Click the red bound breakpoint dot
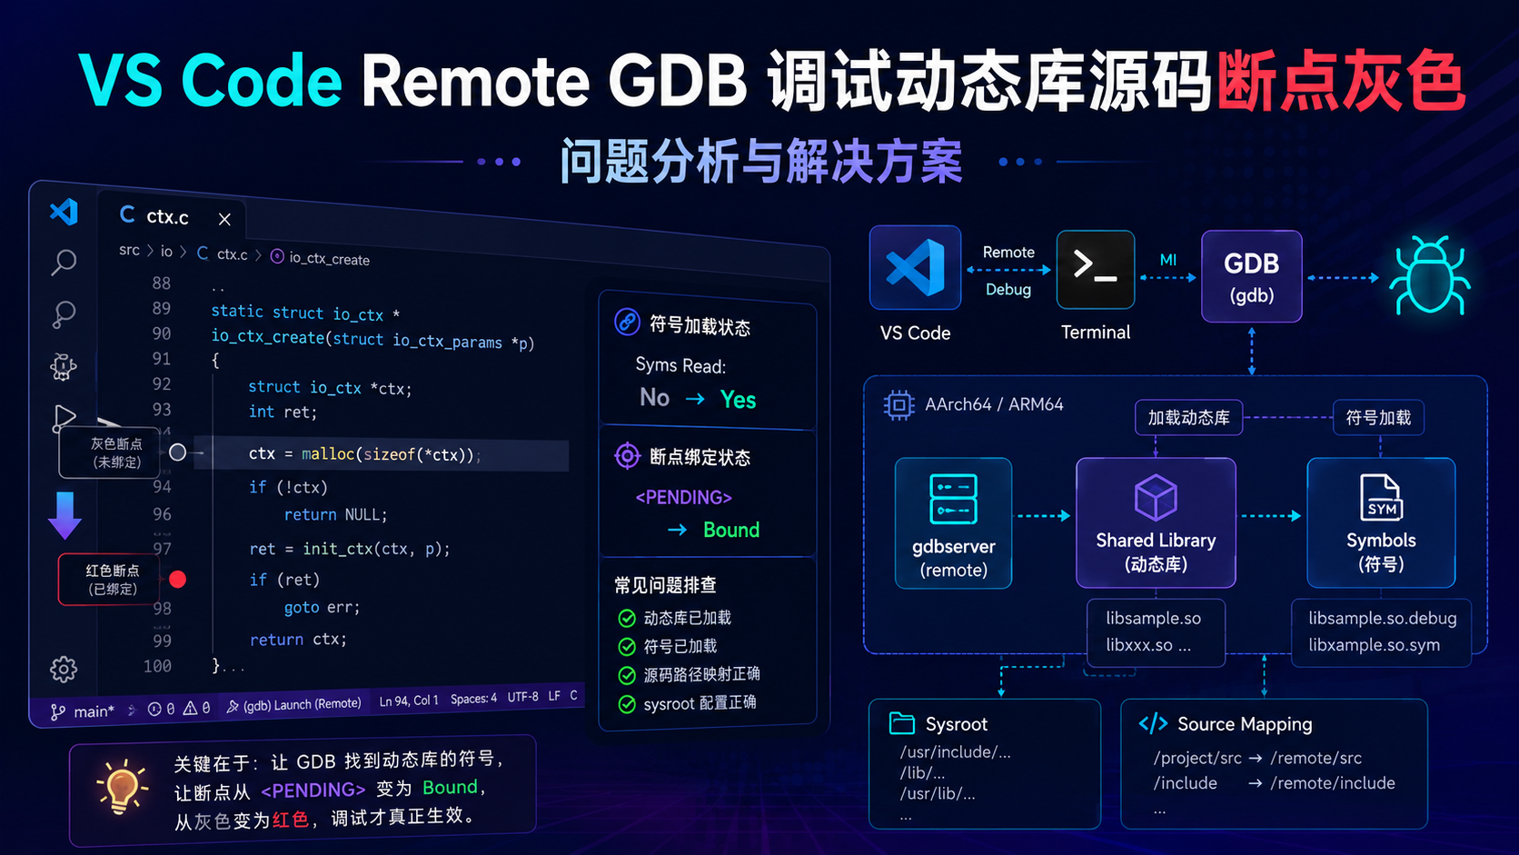pos(178,579)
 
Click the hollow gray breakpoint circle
pos(178,452)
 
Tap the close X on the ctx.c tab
pos(224,219)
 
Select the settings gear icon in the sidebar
pos(64,670)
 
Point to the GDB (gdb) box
pos(1251,276)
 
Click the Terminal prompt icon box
pos(1095,270)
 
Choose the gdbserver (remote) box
pos(953,522)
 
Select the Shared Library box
pos(1156,522)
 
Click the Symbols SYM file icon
pos(1381,497)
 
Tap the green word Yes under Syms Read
pos(738,400)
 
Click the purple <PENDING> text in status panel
pos(683,498)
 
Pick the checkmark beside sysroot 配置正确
pos(627,704)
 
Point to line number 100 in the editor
pos(157,667)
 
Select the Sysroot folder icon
pos(902,723)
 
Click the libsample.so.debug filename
pos(1382,619)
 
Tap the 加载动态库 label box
pos(1188,418)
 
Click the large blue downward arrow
pos(65,515)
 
